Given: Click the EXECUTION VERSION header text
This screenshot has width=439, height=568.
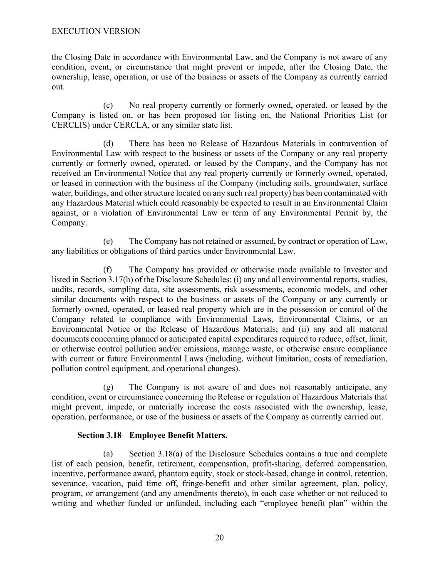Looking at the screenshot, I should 96,31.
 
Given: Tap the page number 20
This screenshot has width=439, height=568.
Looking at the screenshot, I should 219,538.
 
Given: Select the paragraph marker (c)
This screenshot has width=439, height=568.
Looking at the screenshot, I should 108,105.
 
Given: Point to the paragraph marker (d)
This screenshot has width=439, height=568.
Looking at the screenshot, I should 108,144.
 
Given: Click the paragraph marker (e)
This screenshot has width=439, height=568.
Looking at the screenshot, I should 108,241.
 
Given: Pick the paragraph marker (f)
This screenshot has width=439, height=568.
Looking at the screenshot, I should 108,270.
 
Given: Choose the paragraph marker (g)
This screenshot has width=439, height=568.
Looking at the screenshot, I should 108,387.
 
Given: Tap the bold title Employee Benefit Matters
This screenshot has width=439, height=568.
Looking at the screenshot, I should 179,435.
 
